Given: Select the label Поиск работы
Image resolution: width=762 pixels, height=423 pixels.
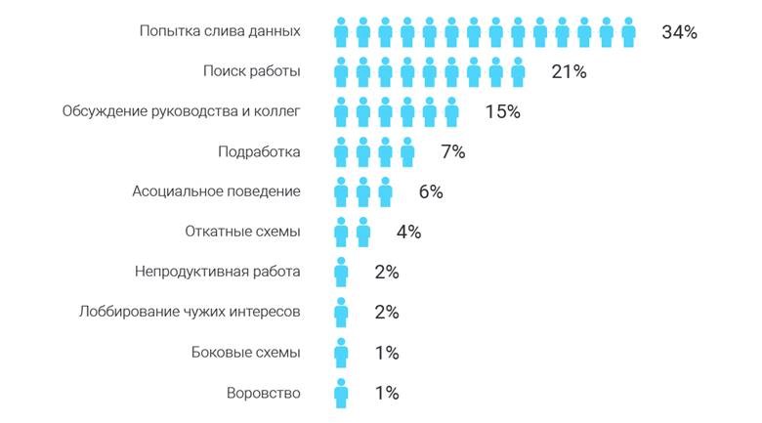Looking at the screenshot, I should point(251,71).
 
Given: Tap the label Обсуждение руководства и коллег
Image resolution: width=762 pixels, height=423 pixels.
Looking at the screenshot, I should point(181,111).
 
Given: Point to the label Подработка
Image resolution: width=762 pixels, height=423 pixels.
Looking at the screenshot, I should point(259,151).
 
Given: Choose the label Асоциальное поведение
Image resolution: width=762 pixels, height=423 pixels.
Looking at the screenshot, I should point(216,191).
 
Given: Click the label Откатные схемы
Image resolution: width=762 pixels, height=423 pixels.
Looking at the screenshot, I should point(242,232).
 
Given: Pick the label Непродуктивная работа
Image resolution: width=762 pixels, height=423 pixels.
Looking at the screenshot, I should point(217,272).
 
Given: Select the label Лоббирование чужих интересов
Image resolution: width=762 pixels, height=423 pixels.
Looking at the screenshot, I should point(190,312).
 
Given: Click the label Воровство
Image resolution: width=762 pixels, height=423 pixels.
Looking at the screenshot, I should point(263,393).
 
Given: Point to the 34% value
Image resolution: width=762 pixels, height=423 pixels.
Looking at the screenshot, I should point(679,32).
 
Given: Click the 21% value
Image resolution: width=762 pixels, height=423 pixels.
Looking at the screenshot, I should point(568,72).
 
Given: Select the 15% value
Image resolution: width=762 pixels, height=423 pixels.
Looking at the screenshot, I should point(502,112).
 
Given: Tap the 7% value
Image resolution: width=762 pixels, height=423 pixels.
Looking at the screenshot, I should point(452,152).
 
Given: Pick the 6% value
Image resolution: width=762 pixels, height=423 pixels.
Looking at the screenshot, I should point(431,192).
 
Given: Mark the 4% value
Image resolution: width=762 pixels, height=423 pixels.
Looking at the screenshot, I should point(408,233).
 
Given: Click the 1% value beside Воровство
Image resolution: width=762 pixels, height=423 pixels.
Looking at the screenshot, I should point(387,393).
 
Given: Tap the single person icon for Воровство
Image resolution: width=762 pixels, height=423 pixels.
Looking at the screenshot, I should point(341,393).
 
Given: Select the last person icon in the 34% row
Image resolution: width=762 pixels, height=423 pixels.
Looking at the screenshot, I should point(628,32).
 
